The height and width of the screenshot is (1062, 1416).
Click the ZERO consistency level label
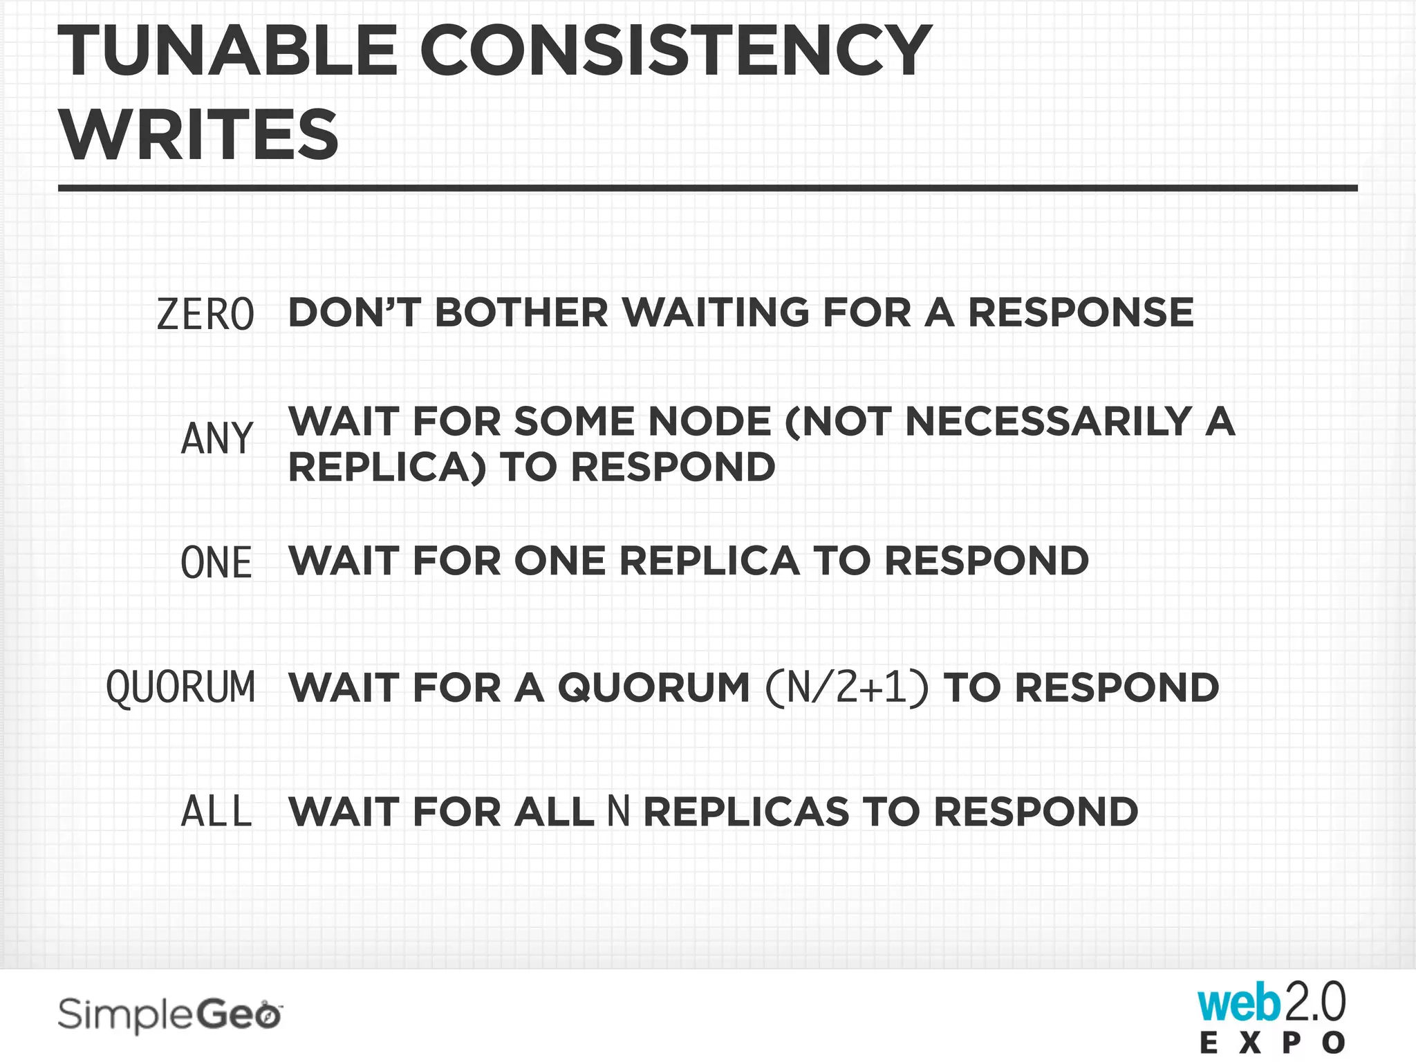(205, 315)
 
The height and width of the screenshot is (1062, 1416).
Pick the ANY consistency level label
(217, 439)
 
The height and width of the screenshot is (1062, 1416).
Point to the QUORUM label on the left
(180, 687)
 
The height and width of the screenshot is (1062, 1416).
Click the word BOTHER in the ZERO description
(521, 313)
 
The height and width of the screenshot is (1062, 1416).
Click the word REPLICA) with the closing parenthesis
(387, 467)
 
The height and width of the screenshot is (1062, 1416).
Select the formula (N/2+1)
(847, 687)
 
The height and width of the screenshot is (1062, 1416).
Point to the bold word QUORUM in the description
(653, 688)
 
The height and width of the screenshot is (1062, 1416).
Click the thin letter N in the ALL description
(619, 812)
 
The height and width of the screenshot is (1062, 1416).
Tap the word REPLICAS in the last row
(746, 812)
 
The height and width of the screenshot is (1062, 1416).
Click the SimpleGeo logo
(170, 1016)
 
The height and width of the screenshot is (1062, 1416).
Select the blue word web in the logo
(1238, 1003)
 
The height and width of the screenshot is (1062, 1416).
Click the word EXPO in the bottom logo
(1272, 1043)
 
